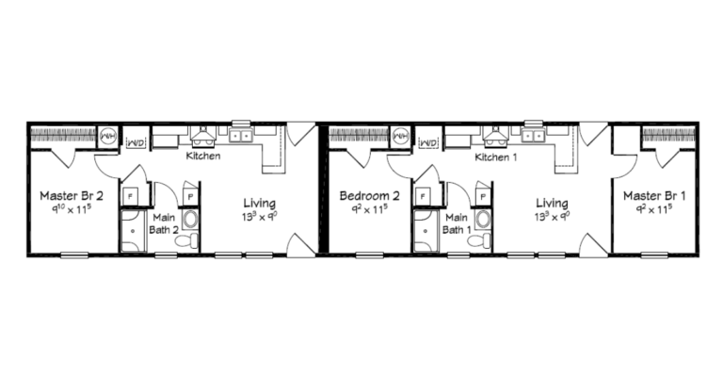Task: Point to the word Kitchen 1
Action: click(496, 157)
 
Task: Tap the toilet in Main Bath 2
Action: click(191, 241)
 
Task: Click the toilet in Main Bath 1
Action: click(484, 241)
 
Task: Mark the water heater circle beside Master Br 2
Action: click(109, 136)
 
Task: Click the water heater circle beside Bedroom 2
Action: click(401, 136)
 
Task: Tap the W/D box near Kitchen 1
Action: click(429, 141)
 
